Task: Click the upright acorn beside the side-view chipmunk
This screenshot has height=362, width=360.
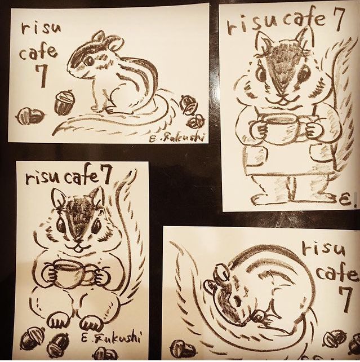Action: [x=64, y=103]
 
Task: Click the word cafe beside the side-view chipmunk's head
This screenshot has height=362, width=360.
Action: [x=38, y=51]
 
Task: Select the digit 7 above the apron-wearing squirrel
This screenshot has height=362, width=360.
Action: [x=336, y=19]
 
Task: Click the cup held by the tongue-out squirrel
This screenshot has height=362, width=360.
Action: [x=73, y=273]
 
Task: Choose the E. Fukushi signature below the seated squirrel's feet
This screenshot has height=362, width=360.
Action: [x=111, y=338]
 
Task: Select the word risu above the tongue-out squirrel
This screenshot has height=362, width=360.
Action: [x=43, y=178]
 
